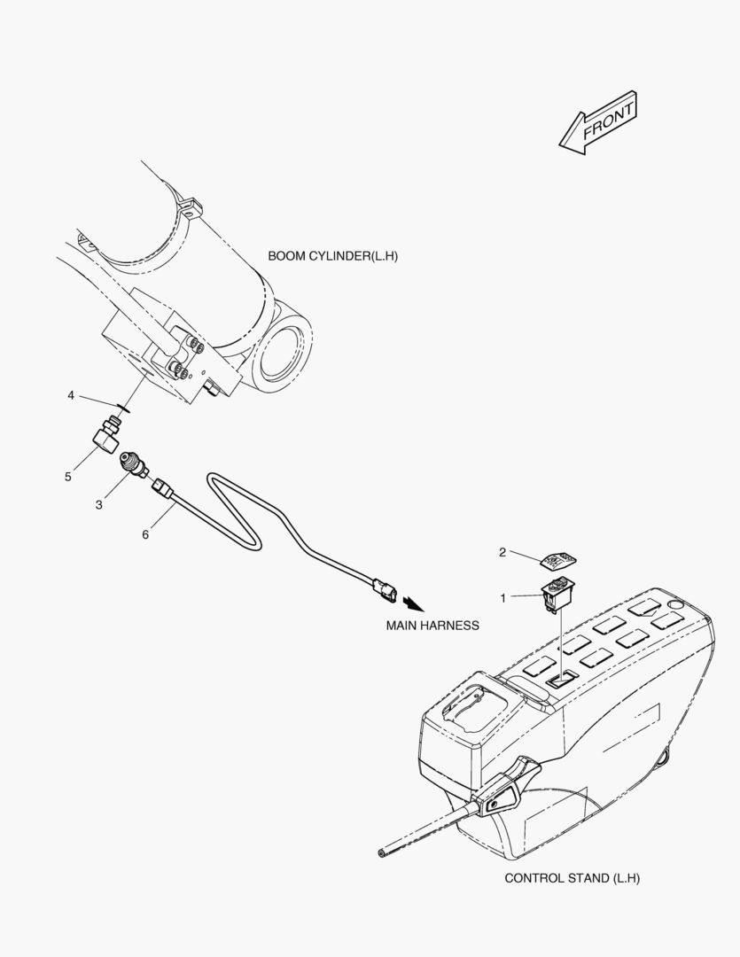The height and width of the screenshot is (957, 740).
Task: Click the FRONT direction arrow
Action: click(597, 122)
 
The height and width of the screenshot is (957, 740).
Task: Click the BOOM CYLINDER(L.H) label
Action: click(332, 256)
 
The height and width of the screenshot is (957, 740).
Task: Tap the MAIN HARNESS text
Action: click(432, 626)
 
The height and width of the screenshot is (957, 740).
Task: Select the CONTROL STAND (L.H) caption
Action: click(573, 878)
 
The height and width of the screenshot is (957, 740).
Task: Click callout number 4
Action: click(71, 396)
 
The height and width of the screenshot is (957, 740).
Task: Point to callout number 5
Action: click(68, 477)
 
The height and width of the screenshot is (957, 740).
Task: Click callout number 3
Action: click(99, 505)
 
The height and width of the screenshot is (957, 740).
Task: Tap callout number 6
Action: click(145, 534)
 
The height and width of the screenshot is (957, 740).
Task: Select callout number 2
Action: click(502, 552)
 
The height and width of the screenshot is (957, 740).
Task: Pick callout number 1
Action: click(503, 599)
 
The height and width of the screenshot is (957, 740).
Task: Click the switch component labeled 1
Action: click(557, 593)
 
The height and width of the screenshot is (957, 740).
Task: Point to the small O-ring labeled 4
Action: click(122, 408)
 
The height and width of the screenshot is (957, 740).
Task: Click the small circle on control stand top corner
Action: click(674, 604)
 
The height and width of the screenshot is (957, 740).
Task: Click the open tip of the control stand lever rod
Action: click(382, 852)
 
